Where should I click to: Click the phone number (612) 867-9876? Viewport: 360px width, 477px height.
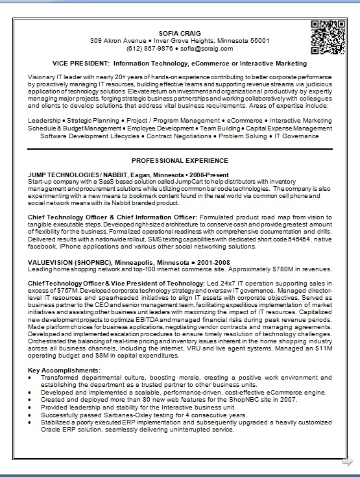coord(150,48)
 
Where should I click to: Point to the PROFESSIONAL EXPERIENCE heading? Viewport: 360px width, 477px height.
coord(180,160)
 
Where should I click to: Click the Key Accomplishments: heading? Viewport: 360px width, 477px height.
coord(64,371)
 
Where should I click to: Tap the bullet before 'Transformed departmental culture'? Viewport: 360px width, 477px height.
coord(32,377)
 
